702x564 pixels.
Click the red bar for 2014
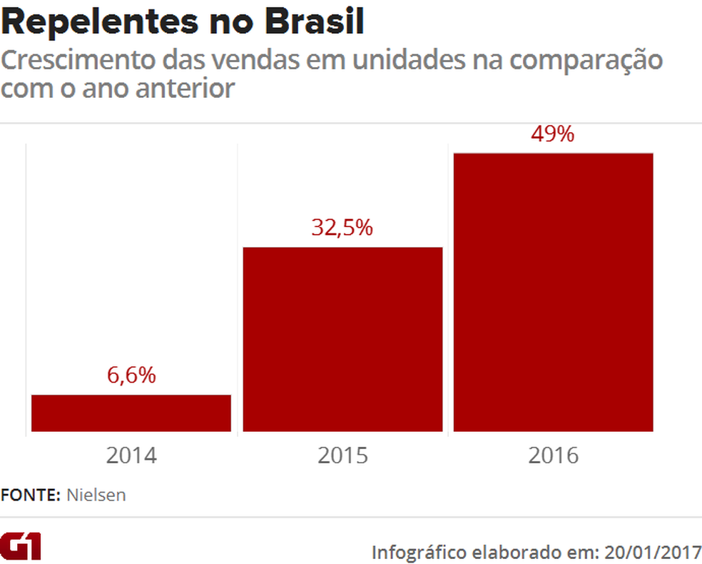tap(131, 413)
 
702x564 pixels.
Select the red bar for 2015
tap(342, 339)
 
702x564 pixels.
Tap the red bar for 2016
tap(554, 292)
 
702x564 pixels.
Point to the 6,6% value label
tap(131, 376)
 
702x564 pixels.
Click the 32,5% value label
tap(342, 228)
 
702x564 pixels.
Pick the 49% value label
tap(553, 134)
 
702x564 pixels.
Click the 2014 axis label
tap(131, 455)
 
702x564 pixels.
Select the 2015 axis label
tap(342, 455)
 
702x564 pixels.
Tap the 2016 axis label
tap(554, 455)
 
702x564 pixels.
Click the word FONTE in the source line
tap(30, 495)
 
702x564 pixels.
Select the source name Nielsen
tap(96, 495)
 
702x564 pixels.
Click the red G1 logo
tap(21, 545)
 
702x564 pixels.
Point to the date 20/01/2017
tap(652, 552)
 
